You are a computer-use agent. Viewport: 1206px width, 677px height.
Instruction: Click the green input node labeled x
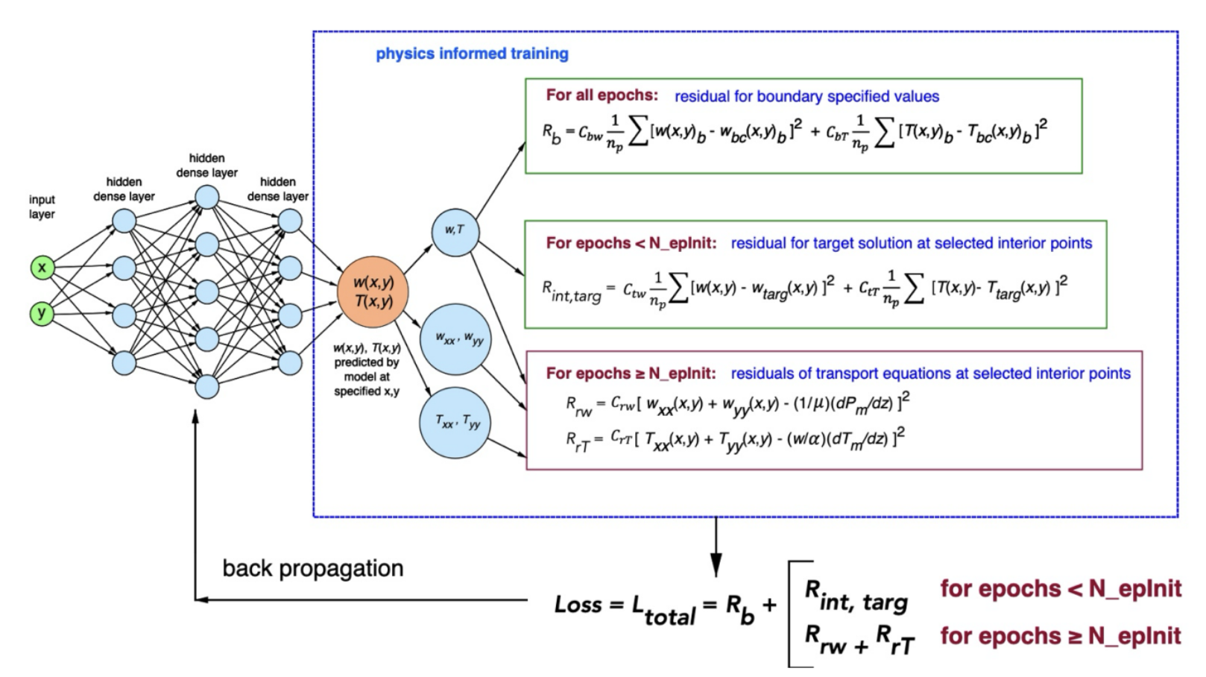pos(42,267)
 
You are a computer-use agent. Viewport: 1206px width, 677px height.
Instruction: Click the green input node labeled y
pos(42,313)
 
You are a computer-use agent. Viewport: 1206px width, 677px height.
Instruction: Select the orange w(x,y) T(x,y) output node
pos(373,292)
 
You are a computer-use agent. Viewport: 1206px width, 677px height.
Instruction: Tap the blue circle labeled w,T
pos(455,232)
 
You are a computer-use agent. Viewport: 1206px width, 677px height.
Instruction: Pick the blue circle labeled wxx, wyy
pos(455,339)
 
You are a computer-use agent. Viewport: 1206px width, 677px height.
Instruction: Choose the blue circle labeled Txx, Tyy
pos(455,423)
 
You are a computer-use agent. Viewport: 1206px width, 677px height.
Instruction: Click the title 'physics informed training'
pos(472,54)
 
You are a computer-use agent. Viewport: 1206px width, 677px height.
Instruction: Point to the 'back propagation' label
pos(312,568)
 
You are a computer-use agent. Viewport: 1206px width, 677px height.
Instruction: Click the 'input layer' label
pos(42,207)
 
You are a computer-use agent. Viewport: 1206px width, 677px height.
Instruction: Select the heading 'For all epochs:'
pos(602,95)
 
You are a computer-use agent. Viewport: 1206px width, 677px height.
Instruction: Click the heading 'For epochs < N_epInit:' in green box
pos(631,243)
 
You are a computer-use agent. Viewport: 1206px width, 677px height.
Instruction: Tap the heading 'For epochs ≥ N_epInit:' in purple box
pos(631,374)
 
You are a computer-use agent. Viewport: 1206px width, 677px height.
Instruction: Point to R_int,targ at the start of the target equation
pos(571,291)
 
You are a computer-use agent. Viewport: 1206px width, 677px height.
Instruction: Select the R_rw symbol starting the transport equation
pos(578,406)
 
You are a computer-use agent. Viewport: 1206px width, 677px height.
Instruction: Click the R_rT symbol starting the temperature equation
pos(577,442)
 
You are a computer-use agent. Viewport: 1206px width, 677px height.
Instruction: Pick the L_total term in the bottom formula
pos(663,610)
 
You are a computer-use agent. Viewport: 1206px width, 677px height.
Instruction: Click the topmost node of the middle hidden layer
pos(206,197)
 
